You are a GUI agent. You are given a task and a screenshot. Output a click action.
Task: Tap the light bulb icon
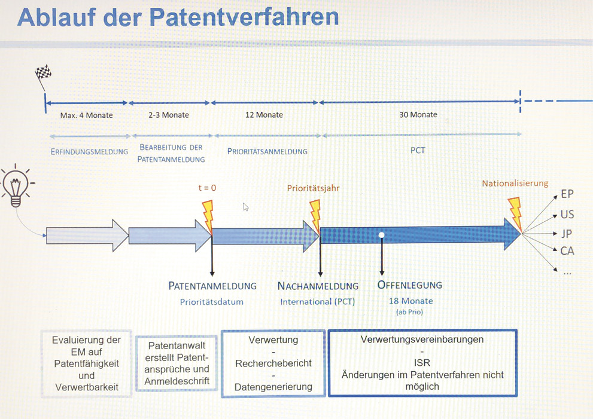coord(16,185)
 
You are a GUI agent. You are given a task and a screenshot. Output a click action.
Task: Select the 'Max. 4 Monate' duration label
coord(87,115)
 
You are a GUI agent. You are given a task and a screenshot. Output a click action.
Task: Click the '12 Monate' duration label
coord(264,115)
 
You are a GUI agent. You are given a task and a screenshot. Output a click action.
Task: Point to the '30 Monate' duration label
coord(418,115)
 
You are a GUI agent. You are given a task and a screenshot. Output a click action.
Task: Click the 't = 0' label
coord(207,188)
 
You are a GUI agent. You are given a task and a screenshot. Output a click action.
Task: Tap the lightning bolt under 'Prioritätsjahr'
coord(315,216)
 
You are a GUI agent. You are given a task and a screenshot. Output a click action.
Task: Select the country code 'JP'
coord(566,234)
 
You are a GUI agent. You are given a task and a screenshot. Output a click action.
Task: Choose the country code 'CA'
coord(567,251)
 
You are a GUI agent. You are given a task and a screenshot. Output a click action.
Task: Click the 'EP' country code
coord(567,194)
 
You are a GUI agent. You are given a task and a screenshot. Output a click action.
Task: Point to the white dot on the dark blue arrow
coord(382,235)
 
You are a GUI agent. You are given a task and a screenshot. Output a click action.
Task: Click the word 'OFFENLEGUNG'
coord(409,285)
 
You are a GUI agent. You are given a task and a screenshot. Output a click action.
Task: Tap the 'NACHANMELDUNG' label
coord(318,286)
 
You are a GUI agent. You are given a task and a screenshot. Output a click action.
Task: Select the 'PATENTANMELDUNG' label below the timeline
coord(212,286)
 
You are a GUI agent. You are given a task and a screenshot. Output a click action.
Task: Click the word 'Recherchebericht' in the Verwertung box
coord(273,363)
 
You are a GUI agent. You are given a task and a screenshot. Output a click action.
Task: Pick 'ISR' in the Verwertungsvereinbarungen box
coord(422,363)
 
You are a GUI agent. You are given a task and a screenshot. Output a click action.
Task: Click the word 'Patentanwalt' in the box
coord(177,345)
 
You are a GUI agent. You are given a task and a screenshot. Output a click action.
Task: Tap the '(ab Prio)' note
coord(409,312)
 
